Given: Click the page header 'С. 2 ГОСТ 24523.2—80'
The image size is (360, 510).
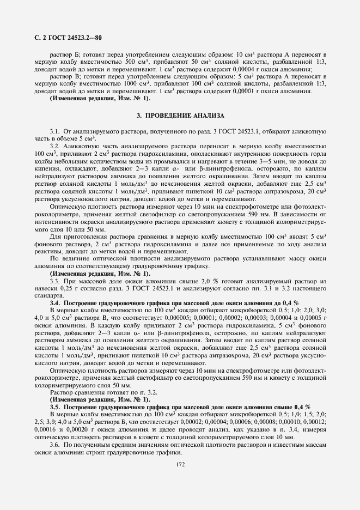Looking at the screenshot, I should (x=65, y=38).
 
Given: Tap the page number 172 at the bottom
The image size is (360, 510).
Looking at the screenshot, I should (x=180, y=464).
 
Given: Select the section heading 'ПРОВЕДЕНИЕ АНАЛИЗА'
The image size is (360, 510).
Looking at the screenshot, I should (x=184, y=116).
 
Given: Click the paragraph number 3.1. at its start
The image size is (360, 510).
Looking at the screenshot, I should (x=55, y=132).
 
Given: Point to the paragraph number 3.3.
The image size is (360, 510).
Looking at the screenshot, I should (x=55, y=280).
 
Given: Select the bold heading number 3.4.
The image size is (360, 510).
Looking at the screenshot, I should (x=55, y=302).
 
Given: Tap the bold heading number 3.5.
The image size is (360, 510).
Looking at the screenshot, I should (x=55, y=406).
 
